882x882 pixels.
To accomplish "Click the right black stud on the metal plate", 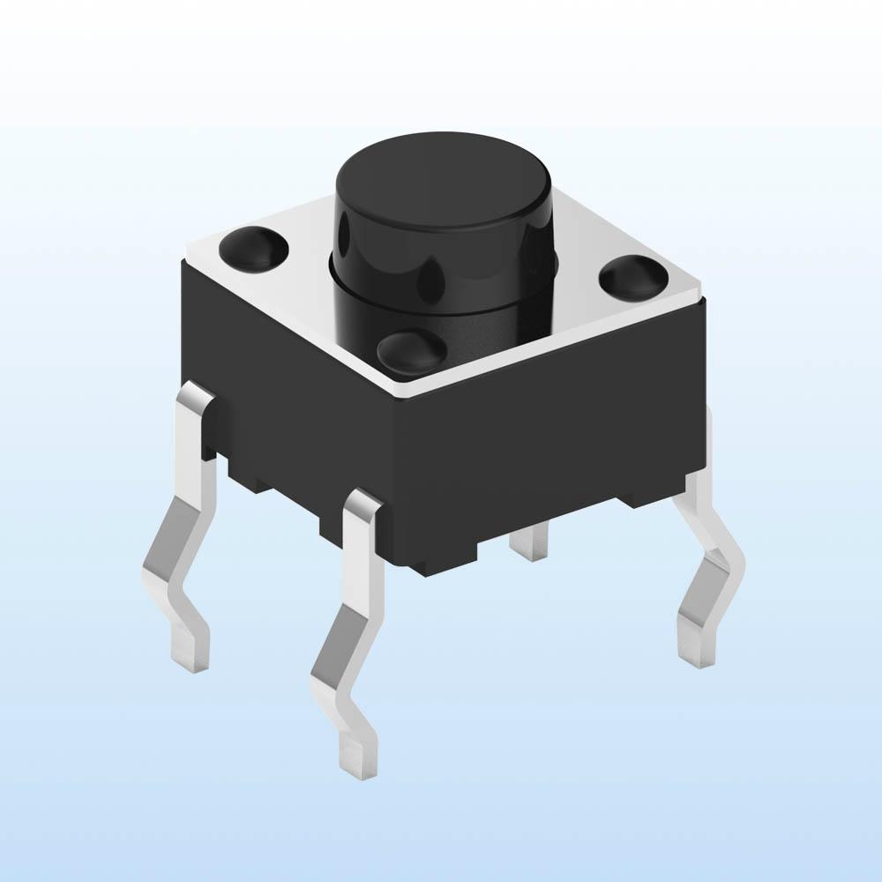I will tap(634, 276).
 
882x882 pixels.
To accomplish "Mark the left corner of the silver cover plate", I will tap(187, 258).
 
